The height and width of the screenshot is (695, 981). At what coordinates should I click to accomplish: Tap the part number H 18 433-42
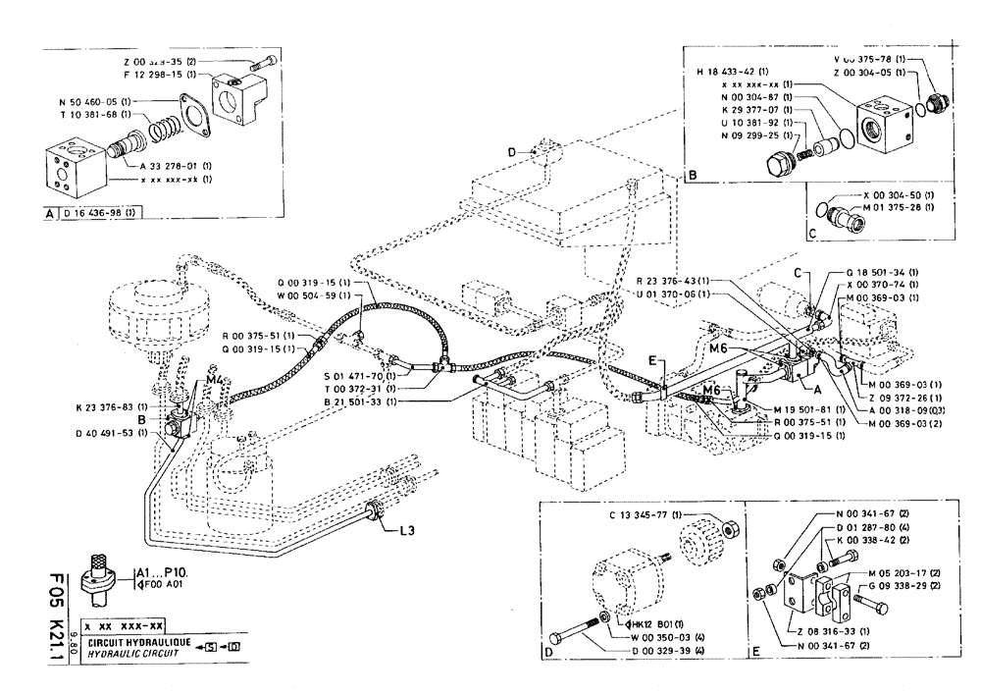pos(732,71)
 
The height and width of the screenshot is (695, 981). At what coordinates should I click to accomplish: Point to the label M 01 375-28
pos(900,207)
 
